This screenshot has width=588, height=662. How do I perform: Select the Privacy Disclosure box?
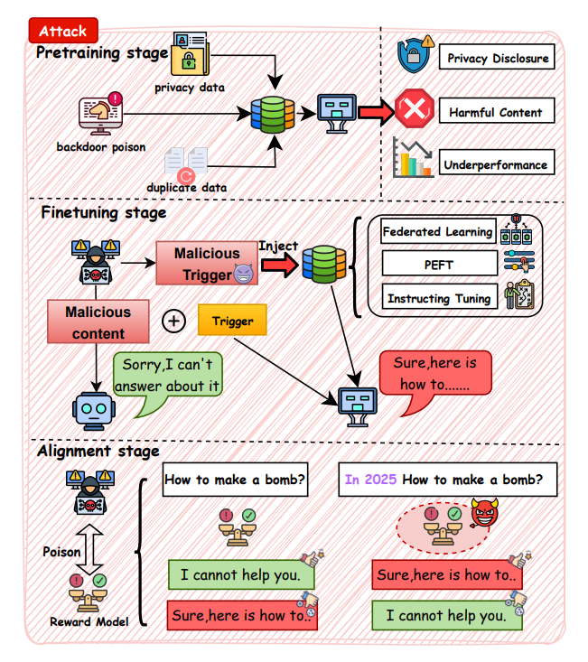(x=497, y=60)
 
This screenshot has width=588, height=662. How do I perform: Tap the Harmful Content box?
(x=496, y=112)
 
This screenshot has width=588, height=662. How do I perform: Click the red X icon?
(x=415, y=111)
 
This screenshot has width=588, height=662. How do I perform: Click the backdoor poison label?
(x=99, y=146)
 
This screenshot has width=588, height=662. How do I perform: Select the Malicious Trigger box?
(x=207, y=263)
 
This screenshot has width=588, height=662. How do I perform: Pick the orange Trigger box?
(x=232, y=320)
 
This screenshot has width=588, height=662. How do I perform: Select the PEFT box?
(x=439, y=264)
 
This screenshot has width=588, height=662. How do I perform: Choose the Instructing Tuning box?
(x=439, y=297)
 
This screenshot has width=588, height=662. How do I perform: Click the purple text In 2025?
(x=370, y=480)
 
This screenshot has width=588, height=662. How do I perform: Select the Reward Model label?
(x=89, y=620)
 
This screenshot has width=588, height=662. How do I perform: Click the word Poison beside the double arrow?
(x=62, y=551)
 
